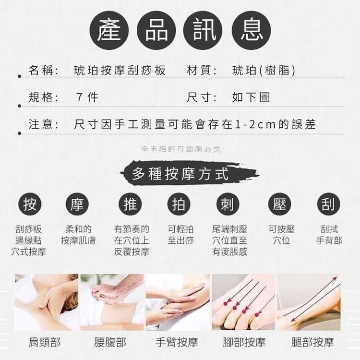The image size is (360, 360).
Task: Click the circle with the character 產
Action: (109, 30)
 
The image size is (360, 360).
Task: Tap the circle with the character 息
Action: (252, 30)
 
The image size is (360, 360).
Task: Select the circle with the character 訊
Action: (203, 30)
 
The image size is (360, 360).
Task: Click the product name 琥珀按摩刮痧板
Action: (120, 70)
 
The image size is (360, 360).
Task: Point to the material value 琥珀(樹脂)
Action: (264, 70)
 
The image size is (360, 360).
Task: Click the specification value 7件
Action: (87, 97)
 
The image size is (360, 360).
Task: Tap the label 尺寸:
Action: (202, 97)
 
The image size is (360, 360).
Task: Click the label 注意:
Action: (44, 124)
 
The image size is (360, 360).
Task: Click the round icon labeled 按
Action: (30, 204)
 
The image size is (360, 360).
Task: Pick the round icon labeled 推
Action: (130, 204)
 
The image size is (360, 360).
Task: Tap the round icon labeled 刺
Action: (228, 204)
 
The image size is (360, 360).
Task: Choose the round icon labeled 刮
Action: (328, 204)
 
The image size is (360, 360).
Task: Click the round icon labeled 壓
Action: (280, 204)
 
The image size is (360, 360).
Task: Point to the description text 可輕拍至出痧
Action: (180, 235)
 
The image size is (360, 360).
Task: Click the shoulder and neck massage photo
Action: (47, 302)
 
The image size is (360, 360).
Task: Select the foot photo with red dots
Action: (243, 302)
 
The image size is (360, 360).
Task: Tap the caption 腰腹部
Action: (110, 342)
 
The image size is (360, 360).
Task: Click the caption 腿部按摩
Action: (312, 342)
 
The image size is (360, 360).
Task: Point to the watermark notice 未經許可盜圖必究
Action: (181, 149)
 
